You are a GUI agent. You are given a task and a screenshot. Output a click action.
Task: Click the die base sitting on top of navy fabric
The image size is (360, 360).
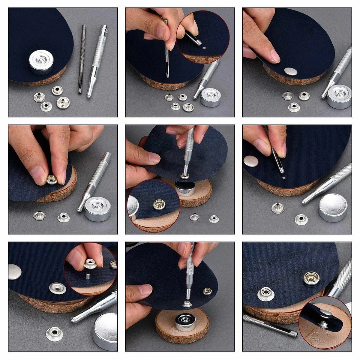pos(41,61)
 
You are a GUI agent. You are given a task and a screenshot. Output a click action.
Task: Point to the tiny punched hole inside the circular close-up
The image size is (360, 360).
pos(204,48)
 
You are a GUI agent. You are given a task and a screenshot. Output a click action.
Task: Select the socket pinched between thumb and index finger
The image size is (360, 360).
pos(52,180)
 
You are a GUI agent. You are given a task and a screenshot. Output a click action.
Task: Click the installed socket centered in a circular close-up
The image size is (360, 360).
pos(159,204)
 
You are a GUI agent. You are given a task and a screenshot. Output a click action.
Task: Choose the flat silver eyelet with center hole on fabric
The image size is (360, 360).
pos(57,288)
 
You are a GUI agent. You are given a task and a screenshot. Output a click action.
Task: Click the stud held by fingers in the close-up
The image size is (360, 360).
pos(90,264)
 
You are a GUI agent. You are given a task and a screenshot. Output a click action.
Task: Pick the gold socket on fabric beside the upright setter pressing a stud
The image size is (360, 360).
pos(207,291)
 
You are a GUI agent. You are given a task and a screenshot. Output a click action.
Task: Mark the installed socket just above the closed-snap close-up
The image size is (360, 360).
pos(311,278)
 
